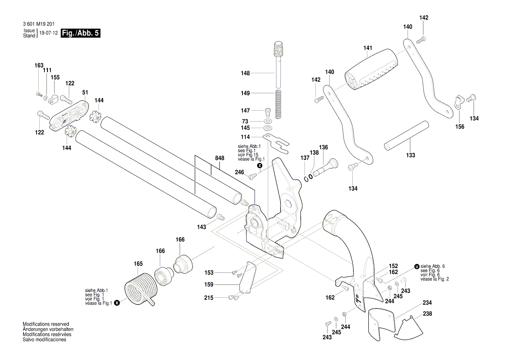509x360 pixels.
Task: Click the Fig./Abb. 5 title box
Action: coord(81,33)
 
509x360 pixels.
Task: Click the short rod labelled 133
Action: coord(406,136)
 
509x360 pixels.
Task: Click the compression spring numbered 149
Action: coord(279,104)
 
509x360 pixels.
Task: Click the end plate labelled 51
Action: coord(68,115)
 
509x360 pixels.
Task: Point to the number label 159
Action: coord(209,285)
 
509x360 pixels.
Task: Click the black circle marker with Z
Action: coord(260,166)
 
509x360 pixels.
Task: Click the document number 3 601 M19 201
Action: coord(39,24)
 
